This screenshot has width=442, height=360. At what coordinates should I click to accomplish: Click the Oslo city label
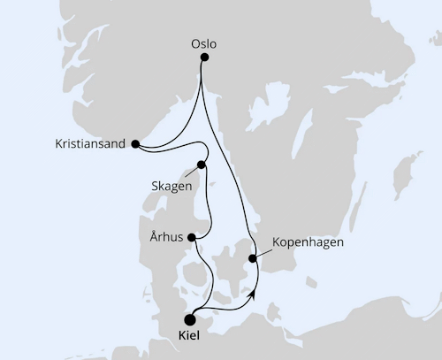click(x=203, y=42)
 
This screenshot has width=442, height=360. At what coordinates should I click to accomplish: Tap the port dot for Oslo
click(x=204, y=57)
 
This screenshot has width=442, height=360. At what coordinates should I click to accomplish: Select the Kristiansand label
click(x=89, y=143)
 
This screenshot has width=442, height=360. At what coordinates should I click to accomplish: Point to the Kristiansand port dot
click(x=135, y=143)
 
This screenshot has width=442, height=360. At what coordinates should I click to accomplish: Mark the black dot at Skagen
click(x=202, y=165)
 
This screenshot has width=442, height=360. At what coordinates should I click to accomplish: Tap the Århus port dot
click(x=194, y=237)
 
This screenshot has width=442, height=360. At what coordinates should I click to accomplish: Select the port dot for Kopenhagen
click(x=254, y=258)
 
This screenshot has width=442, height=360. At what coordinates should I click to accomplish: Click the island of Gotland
click(x=408, y=172)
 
